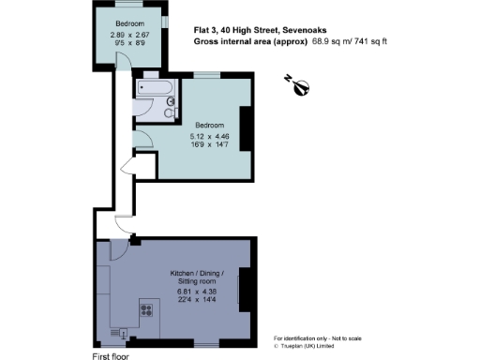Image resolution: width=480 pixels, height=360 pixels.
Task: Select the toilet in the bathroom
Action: (x=171, y=112)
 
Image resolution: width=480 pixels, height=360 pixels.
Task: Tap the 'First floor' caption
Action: (x=111, y=356)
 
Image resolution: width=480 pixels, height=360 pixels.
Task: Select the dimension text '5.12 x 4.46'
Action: (x=209, y=136)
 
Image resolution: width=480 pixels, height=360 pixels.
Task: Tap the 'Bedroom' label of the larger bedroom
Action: (x=209, y=125)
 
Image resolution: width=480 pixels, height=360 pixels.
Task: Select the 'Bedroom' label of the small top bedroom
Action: (x=130, y=23)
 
